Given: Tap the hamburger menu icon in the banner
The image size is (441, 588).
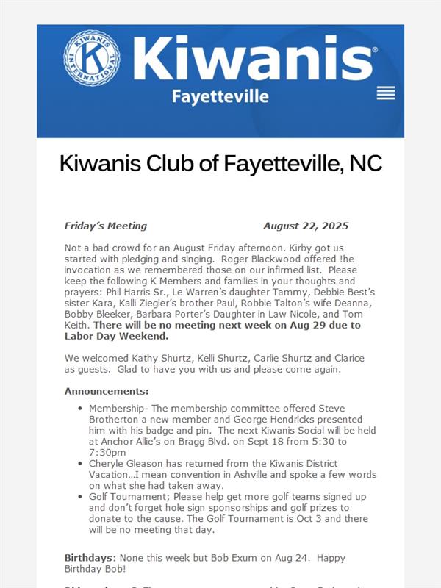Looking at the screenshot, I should (x=385, y=93).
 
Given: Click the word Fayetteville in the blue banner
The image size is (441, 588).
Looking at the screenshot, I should (x=220, y=97).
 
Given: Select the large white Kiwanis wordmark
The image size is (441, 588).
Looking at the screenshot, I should (x=254, y=57).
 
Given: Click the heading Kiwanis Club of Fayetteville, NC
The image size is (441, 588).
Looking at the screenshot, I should (x=220, y=163).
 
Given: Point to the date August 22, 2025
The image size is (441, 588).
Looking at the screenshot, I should (x=306, y=226).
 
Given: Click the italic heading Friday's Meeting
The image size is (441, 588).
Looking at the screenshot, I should (x=106, y=226).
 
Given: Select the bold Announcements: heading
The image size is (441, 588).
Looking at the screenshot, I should (x=107, y=391).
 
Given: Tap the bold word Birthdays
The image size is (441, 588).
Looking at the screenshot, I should (x=88, y=556).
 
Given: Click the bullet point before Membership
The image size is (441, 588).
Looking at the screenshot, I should (x=79, y=409).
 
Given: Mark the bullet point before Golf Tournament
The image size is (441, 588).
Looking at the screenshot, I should (x=79, y=497).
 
